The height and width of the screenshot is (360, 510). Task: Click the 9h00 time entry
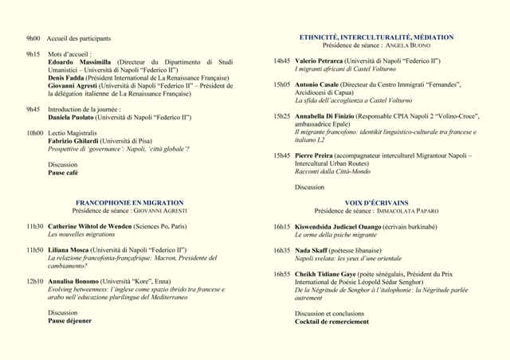(x=33, y=38)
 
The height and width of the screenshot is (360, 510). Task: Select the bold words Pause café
(x=63, y=173)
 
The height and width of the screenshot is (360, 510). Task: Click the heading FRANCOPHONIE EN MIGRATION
(x=129, y=203)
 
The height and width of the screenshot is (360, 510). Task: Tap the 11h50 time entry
(x=34, y=250)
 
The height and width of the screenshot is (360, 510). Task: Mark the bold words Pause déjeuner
(x=69, y=321)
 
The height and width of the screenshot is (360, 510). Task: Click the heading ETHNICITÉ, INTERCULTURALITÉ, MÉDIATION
(x=376, y=37)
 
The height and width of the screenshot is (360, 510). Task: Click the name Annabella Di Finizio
(x=326, y=115)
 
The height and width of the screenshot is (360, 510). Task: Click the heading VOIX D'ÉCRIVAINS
(x=375, y=203)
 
